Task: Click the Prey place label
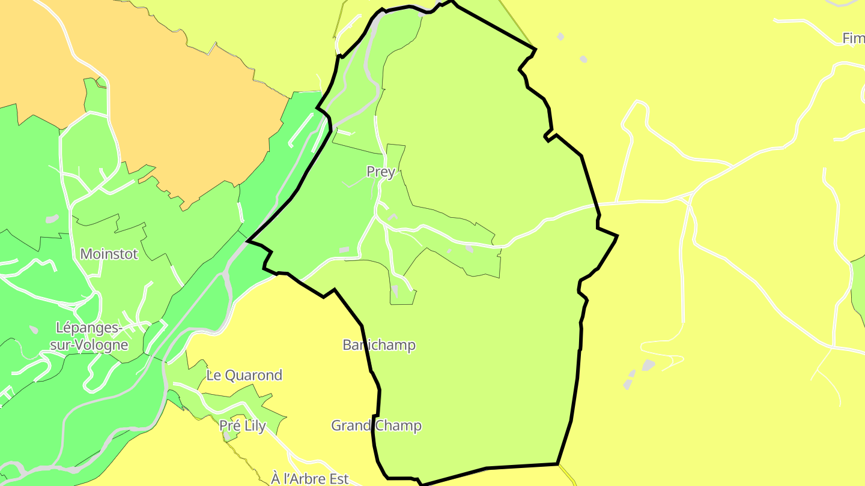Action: coord(380,172)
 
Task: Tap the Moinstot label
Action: coord(109,254)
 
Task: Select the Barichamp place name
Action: coord(378,345)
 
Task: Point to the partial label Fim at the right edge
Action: coord(853,38)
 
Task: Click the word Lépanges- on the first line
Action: coord(89,328)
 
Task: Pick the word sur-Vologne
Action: coord(89,345)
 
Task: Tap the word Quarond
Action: coord(252,376)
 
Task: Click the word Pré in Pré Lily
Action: coord(229,426)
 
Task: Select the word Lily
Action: coord(255,426)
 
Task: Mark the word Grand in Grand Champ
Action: coord(350,426)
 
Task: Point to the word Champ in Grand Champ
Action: coord(399,426)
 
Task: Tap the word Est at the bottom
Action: coord(339,479)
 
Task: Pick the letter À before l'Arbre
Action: coord(276,479)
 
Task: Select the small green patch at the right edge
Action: coord(859,288)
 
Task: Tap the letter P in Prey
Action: coord(371,172)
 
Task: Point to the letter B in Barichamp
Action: coord(347,345)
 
